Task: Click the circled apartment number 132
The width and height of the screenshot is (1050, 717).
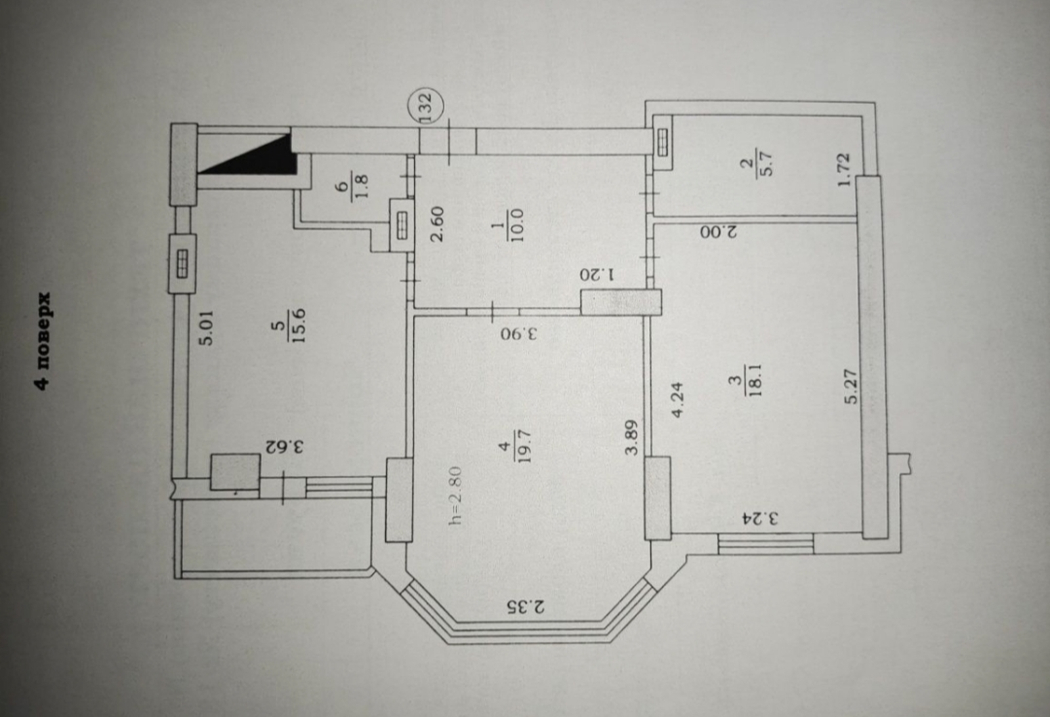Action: (x=426, y=108)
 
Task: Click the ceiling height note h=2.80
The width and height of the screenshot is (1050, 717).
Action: (x=455, y=495)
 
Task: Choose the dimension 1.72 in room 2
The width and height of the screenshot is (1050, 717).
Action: (x=845, y=169)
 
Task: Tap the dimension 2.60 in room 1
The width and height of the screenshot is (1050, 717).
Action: (x=438, y=224)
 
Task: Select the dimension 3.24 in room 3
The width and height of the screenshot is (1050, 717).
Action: (x=761, y=520)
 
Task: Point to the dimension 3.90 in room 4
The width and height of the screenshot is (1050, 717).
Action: (x=518, y=333)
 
